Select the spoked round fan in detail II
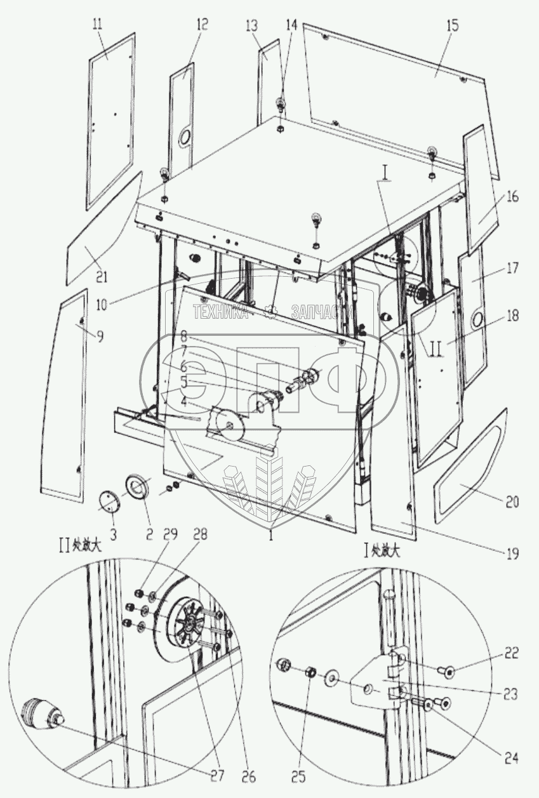point(187,624)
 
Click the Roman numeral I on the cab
point(385,172)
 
